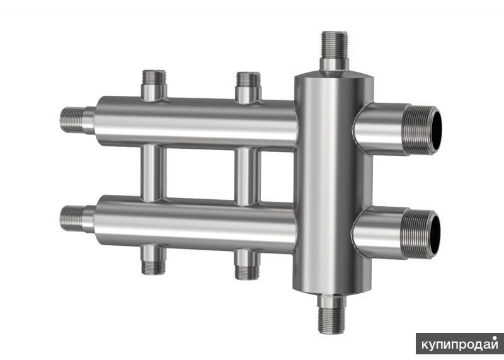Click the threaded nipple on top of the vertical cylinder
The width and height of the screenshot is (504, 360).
(335, 52)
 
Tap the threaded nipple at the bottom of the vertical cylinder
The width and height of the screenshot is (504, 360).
(331, 314)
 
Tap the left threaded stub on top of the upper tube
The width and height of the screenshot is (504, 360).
(154, 84)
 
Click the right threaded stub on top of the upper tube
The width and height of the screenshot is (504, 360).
(248, 87)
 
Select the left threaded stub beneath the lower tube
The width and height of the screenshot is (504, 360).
(154, 260)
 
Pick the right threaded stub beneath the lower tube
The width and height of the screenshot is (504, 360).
(247, 264)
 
